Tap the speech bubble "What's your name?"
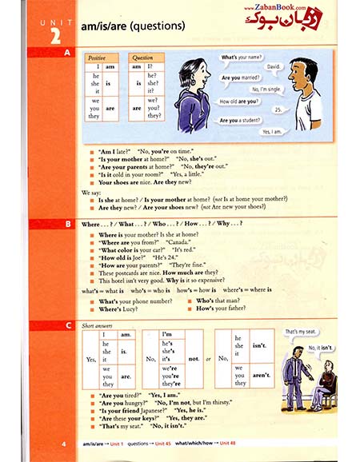(239, 58)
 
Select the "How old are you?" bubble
(239, 102)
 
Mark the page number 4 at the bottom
(63, 441)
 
